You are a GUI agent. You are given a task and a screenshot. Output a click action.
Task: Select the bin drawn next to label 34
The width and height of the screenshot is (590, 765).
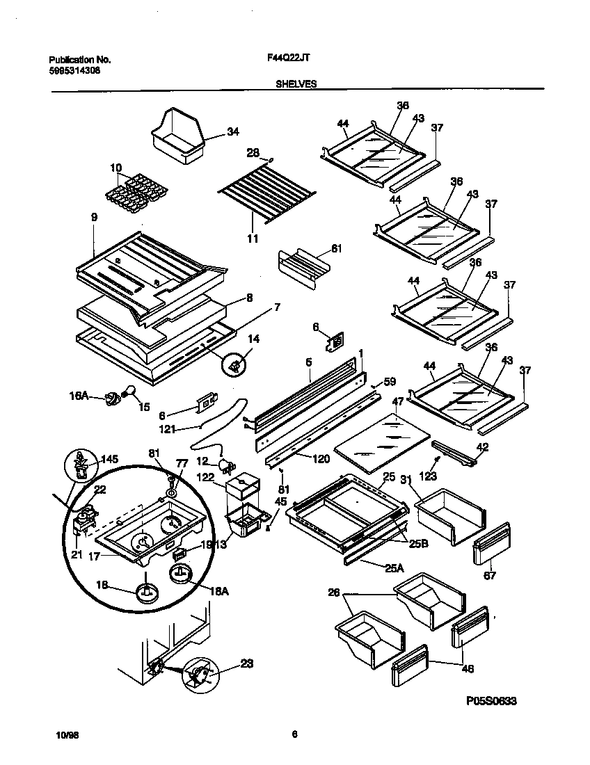point(178,138)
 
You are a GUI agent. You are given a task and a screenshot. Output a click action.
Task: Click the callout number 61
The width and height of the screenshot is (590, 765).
point(337,248)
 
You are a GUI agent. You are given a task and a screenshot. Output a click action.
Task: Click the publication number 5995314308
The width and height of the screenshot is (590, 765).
point(70,70)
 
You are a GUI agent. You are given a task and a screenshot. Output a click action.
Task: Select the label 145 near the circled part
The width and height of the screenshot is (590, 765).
point(109,460)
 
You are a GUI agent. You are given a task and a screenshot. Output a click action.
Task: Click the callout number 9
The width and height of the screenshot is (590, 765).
point(94,218)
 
